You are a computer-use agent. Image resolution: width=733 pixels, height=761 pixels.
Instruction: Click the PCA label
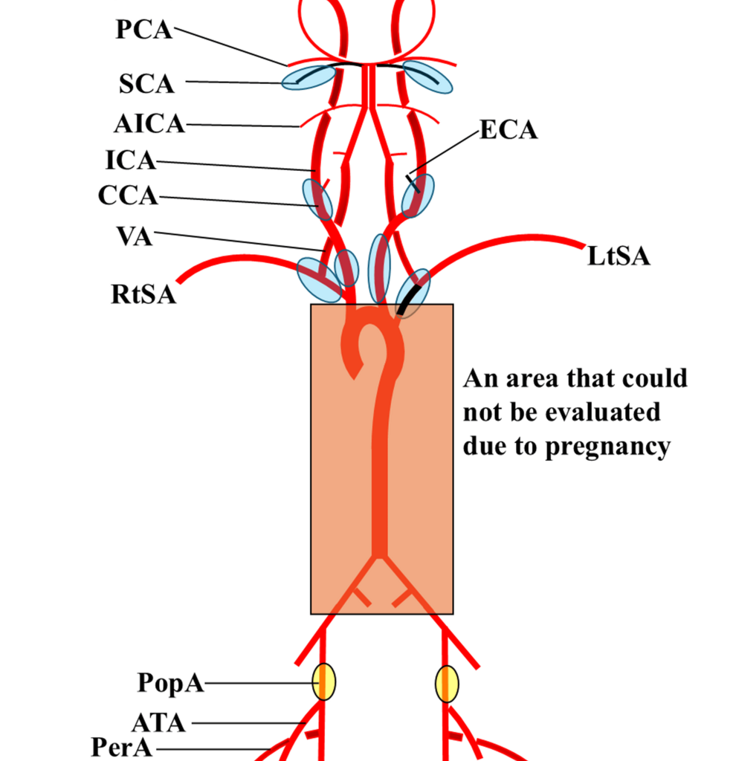[x=144, y=29]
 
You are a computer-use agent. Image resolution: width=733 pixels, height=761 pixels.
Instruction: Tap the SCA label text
[x=146, y=84]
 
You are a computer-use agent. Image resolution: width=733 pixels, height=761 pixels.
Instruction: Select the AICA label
[x=149, y=123]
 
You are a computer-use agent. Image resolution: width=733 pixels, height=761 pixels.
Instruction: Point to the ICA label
[x=130, y=159]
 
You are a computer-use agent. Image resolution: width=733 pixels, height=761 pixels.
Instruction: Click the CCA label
[x=128, y=195]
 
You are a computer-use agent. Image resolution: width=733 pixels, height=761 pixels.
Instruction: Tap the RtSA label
[x=143, y=294]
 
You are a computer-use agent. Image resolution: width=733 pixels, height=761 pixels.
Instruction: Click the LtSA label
[x=619, y=256]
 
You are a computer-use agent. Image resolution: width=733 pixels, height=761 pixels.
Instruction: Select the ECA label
[x=508, y=130]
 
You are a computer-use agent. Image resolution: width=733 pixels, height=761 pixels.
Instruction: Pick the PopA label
[x=170, y=683]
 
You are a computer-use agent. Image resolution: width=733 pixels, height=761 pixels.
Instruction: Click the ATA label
[x=158, y=722]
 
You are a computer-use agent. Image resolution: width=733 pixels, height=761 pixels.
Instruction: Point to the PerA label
[x=122, y=747]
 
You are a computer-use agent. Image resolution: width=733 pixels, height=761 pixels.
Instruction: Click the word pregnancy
[x=606, y=447]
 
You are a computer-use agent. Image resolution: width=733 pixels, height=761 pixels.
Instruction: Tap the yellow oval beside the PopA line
[x=323, y=681]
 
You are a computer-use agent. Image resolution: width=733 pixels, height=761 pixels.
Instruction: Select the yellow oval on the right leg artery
[x=447, y=683]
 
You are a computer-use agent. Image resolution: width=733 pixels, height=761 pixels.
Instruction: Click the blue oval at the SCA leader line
[x=309, y=77]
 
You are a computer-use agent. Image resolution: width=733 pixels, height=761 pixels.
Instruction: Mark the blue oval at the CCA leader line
[x=317, y=199]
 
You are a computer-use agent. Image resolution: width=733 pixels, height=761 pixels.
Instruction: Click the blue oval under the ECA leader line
[x=417, y=195]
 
